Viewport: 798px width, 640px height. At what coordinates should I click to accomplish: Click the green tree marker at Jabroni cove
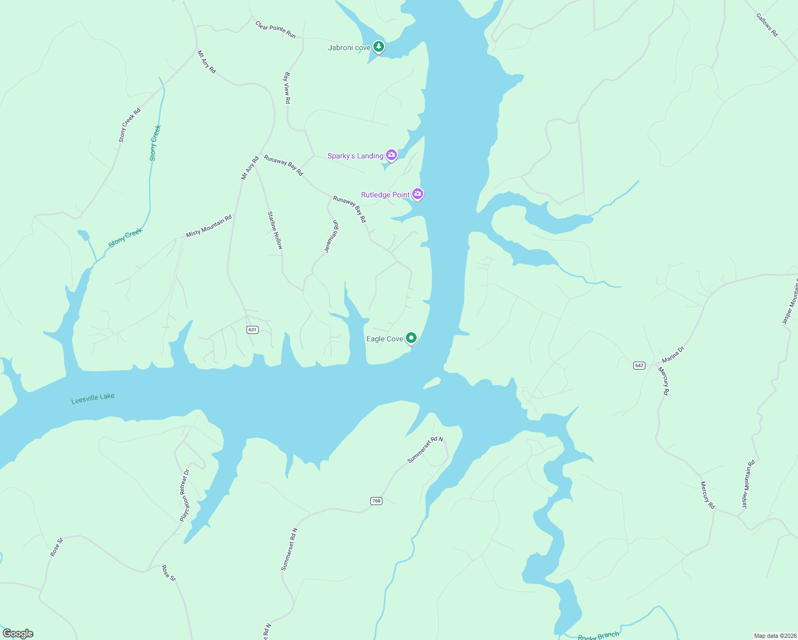pos(379,47)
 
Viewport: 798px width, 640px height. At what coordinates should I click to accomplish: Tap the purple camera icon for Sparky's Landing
pos(392,155)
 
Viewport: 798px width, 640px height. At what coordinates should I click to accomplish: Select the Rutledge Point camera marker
pos(418,194)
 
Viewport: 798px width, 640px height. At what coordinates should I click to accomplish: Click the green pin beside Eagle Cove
pos(411,338)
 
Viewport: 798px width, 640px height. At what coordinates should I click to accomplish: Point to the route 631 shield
pos(252,330)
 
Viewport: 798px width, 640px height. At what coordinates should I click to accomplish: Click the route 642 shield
pos(640,365)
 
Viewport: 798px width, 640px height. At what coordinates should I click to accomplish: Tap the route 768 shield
pos(376,501)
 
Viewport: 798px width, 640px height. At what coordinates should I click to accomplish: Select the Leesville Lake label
pos(93,398)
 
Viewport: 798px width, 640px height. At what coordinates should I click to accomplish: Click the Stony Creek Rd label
pos(130,125)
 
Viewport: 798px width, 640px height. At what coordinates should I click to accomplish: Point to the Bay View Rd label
pos(288,88)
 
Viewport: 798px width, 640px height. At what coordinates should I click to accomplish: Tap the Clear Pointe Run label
pos(275,30)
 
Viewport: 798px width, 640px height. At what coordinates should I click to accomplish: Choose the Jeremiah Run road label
pos(332,236)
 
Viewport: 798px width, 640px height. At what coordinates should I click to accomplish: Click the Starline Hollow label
pos(275,230)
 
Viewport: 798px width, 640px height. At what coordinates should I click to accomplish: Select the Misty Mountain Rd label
pos(209,226)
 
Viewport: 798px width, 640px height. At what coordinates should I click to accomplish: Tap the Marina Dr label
pos(673,355)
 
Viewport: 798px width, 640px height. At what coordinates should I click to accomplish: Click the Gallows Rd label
pos(767,25)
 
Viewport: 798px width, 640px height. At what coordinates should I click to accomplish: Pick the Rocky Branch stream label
pos(598,636)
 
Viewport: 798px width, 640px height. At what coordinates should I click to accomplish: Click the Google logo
pos(18,634)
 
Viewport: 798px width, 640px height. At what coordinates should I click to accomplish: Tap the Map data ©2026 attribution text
pos(775,636)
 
